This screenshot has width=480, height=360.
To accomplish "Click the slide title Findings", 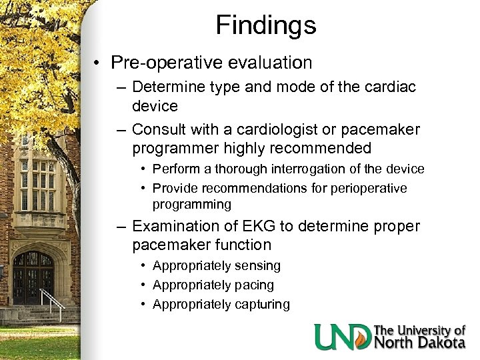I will pyautogui.click(x=266, y=25).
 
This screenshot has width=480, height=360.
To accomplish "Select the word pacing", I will pyautogui.click(x=254, y=285).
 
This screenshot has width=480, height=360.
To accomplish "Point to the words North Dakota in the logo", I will pyautogui.click(x=419, y=343).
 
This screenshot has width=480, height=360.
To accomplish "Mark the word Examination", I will pyautogui.click(x=177, y=227).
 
